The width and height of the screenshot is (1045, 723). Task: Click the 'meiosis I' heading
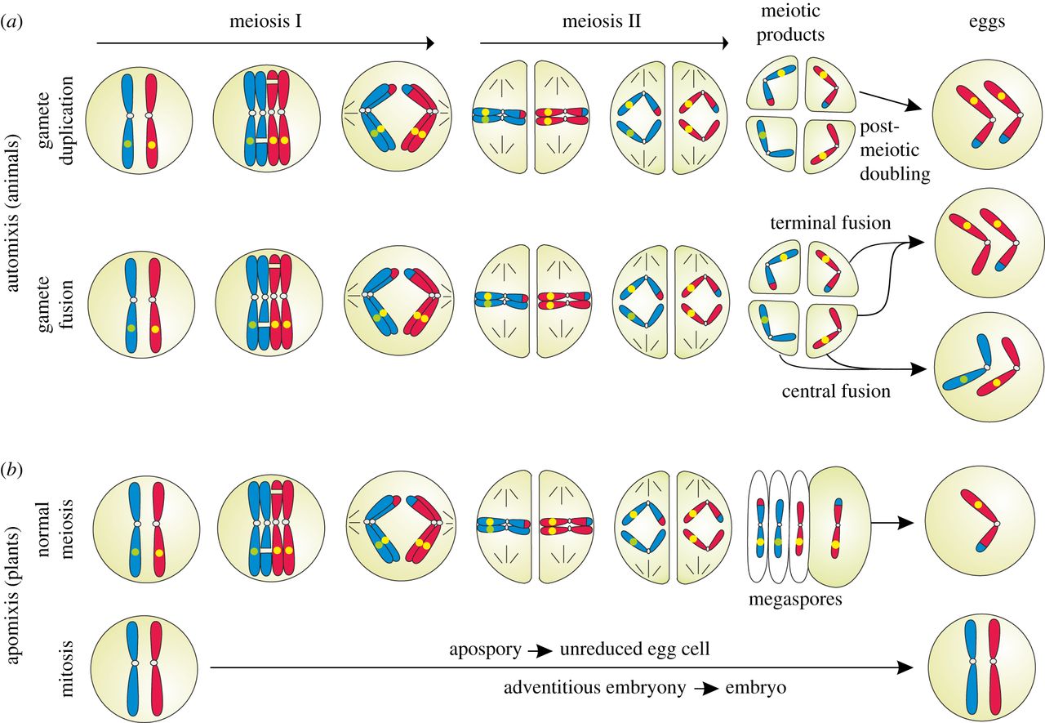click(265, 21)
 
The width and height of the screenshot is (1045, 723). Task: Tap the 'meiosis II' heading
click(602, 21)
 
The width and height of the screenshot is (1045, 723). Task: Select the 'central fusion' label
click(834, 391)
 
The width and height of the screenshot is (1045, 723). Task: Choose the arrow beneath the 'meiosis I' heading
click(265, 43)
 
